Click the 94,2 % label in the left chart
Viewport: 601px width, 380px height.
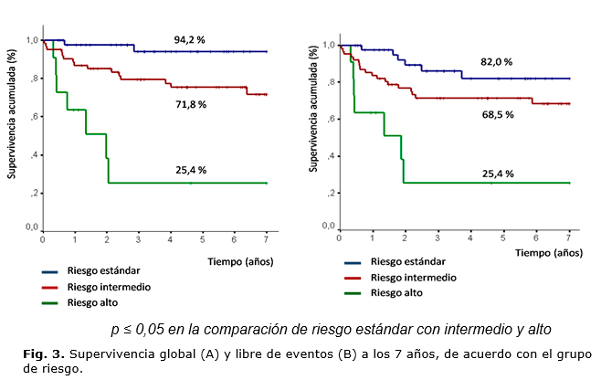191,39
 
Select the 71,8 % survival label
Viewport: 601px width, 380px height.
191,104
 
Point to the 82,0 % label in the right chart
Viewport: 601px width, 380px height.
496,61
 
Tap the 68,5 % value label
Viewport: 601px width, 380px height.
498,114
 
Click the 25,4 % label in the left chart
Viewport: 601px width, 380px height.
191,170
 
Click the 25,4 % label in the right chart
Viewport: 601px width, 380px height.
498,173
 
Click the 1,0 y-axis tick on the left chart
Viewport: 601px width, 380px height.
32,40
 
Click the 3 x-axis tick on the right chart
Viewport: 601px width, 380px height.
437,237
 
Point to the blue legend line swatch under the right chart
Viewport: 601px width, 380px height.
358,262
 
